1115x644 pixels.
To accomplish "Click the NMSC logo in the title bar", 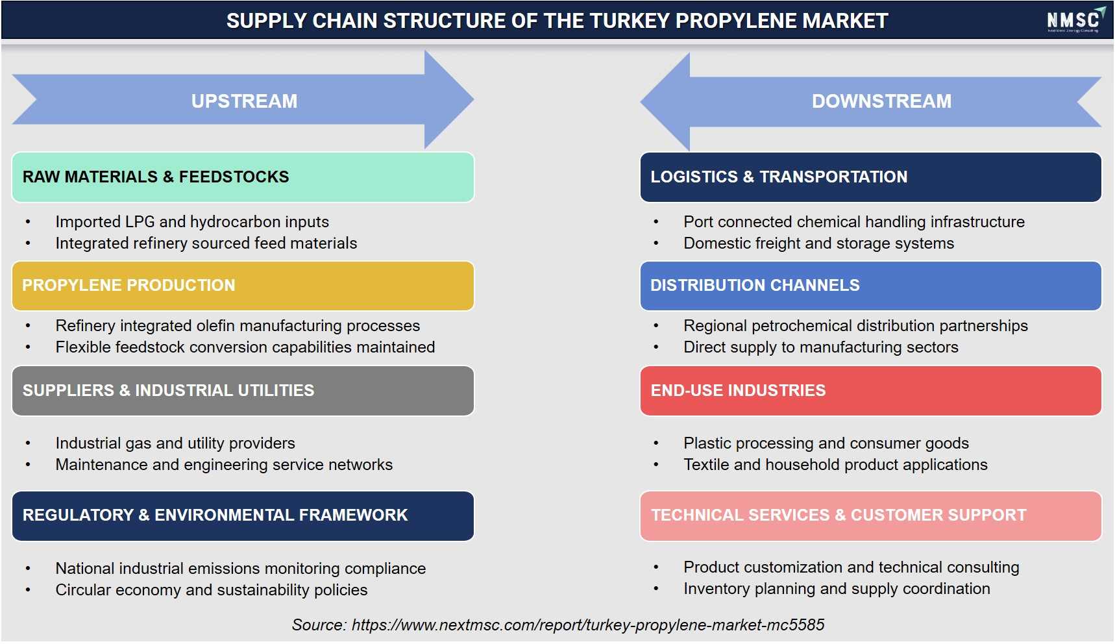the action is pyautogui.click(x=1075, y=20).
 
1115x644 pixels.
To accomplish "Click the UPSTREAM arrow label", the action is pyautogui.click(x=244, y=101).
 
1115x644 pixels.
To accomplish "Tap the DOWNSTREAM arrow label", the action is pyautogui.click(x=881, y=101).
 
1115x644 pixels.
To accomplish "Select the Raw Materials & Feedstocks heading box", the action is pyautogui.click(x=243, y=177).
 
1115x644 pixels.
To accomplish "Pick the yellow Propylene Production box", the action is pyautogui.click(x=243, y=286).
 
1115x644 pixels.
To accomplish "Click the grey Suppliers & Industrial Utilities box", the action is pyautogui.click(x=243, y=391).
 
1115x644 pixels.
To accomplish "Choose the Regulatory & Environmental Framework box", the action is pyautogui.click(x=243, y=516).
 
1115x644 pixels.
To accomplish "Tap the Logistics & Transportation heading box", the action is pyautogui.click(x=870, y=177).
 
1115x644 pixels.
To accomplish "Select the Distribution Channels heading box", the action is pyautogui.click(x=870, y=286).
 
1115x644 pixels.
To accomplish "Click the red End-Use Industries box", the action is pyautogui.click(x=870, y=391).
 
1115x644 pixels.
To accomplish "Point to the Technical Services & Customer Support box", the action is pyautogui.click(x=870, y=516).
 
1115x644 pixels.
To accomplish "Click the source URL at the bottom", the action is pyautogui.click(x=588, y=625).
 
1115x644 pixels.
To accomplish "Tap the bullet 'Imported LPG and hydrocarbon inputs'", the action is pyautogui.click(x=192, y=222).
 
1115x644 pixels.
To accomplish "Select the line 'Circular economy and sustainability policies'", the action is pyautogui.click(x=212, y=589).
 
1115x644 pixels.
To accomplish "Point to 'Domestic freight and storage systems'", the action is pyautogui.click(x=819, y=243).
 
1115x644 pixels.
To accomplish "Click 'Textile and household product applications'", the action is pyautogui.click(x=836, y=465).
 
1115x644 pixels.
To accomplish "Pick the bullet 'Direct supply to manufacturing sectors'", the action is pyautogui.click(x=821, y=347).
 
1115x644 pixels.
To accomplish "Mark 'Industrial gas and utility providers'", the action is pyautogui.click(x=175, y=443).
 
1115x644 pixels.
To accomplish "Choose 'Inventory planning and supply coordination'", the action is pyautogui.click(x=837, y=589).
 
